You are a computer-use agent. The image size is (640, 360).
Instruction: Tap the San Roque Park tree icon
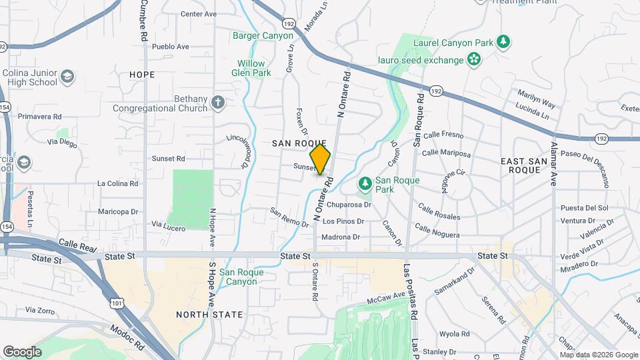[x=365, y=182]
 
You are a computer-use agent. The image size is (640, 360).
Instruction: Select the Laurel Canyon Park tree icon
[x=505, y=42]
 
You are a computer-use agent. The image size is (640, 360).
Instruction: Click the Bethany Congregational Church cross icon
[x=217, y=103]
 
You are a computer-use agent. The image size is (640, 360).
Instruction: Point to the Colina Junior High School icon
[x=67, y=77]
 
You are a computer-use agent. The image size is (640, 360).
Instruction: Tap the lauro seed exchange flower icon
[x=474, y=60]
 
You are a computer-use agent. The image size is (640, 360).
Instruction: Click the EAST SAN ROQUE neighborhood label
[x=529, y=165]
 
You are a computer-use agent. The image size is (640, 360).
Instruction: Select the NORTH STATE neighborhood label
[x=209, y=314]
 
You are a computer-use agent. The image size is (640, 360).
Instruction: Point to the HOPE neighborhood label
[x=141, y=74]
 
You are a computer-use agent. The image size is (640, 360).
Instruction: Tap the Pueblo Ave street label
[x=171, y=47]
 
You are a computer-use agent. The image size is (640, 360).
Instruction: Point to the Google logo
[x=22, y=352]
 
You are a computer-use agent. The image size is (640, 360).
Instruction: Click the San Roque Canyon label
[x=241, y=277]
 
